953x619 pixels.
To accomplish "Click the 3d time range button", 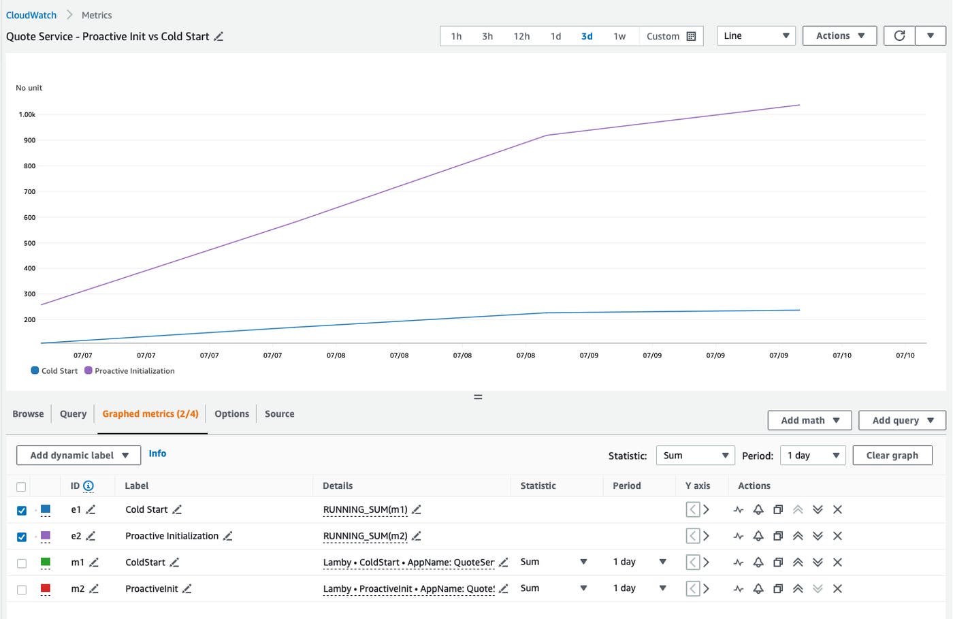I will pos(587,36).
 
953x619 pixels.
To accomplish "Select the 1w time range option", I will pos(619,36).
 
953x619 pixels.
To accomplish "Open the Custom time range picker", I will pos(671,36).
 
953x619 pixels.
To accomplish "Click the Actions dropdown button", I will pos(839,35).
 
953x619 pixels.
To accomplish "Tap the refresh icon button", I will pos(899,35).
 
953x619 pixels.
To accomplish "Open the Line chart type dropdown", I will pos(756,35).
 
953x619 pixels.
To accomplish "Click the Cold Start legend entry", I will pos(54,371).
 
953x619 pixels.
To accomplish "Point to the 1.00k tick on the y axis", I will pos(27,114).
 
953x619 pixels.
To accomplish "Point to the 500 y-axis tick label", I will pos(29,243).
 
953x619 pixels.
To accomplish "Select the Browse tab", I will pos(28,413).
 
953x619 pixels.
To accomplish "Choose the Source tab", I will pos(279,413).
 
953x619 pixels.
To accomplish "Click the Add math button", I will pos(809,420).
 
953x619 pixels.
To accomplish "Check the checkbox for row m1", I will pos(22,563).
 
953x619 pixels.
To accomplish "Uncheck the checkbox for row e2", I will pos(22,537).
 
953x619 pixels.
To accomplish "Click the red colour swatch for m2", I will pos(46,588).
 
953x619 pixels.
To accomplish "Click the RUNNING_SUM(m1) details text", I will pos(365,509).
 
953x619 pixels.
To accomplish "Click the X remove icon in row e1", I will pos(837,509).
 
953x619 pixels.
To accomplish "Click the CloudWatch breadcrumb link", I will pos(31,15).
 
